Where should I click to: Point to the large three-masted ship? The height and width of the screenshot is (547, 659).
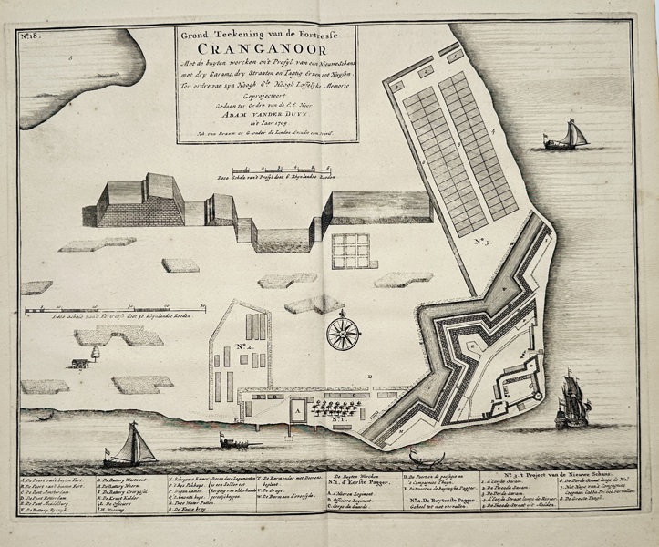pos(571,400)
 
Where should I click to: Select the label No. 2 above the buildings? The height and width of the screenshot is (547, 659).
pos(245,347)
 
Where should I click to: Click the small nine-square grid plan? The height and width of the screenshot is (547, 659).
pos(348,252)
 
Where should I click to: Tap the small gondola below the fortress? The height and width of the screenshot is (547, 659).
pos(421,456)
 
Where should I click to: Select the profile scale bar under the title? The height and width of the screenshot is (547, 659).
pos(273,171)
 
